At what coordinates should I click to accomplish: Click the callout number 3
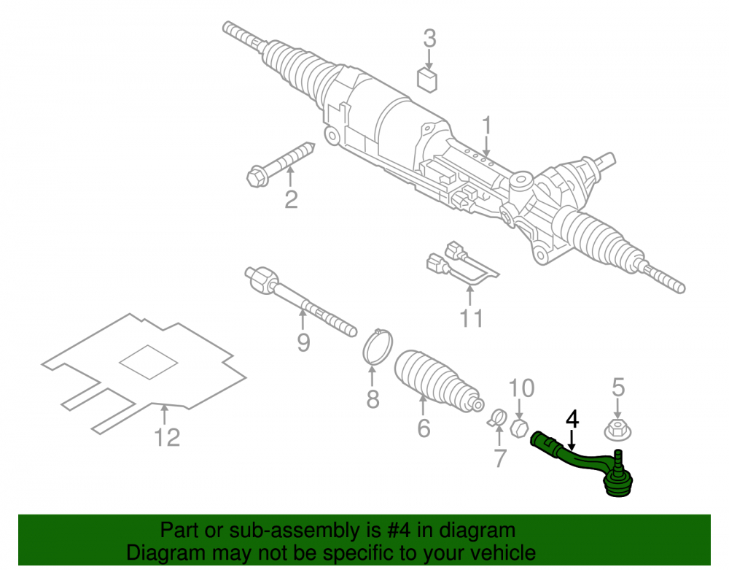(x=429, y=38)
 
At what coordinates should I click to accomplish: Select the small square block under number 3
(x=427, y=80)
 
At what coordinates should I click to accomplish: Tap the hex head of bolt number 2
(x=257, y=177)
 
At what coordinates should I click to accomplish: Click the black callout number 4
(x=572, y=419)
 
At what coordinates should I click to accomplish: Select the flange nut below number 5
(x=617, y=429)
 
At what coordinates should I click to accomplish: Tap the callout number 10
(x=521, y=388)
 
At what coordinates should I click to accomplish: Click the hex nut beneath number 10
(x=519, y=428)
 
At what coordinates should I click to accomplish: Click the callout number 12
(x=167, y=437)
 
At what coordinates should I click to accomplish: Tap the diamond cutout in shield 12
(x=149, y=362)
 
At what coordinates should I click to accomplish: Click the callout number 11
(x=472, y=318)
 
